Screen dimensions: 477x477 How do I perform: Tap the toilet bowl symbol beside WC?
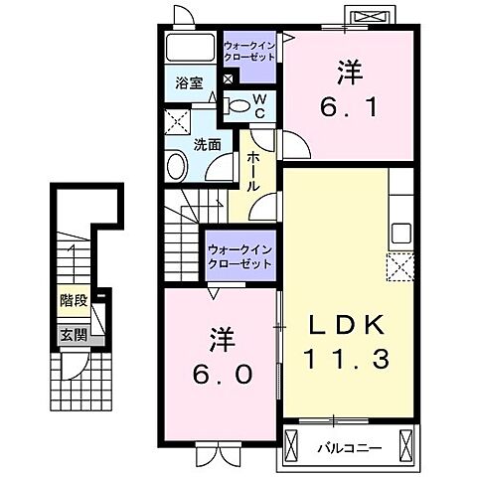[237, 103]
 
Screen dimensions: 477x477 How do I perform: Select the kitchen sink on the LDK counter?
[401, 235]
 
